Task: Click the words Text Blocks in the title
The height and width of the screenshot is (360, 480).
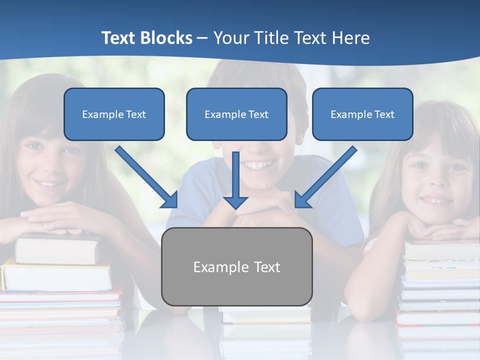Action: click(146, 38)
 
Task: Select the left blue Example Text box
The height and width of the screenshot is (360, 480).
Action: click(114, 114)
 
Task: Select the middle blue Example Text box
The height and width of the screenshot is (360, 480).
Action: click(236, 114)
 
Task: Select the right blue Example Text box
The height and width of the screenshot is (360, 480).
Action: click(362, 114)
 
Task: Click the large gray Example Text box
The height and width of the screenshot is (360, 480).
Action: click(236, 267)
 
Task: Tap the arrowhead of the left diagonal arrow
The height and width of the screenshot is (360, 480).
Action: click(170, 200)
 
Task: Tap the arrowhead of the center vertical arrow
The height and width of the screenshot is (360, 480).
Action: click(235, 202)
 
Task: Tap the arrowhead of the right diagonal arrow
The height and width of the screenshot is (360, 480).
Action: click(302, 200)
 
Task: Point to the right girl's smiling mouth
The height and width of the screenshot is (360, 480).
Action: click(436, 200)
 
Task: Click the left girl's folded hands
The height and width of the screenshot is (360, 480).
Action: click(55, 220)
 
